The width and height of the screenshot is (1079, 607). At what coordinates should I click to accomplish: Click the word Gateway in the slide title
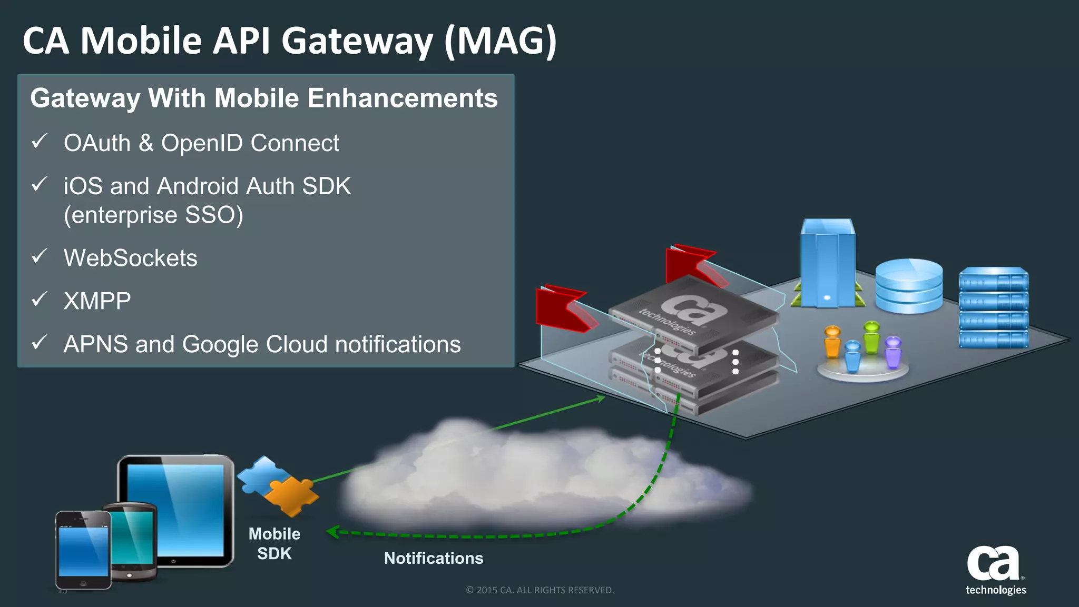pos(357,41)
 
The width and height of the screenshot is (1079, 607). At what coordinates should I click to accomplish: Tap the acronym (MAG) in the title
pos(501,41)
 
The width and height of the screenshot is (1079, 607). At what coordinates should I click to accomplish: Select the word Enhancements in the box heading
pos(402,98)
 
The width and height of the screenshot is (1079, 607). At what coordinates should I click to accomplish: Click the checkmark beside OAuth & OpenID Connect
pos(40,141)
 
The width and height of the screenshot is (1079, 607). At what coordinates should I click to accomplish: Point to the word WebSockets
pos(130,258)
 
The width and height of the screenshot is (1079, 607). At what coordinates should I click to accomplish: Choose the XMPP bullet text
pos(97,301)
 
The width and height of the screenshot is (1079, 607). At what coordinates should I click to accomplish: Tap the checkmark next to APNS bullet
pos(40,342)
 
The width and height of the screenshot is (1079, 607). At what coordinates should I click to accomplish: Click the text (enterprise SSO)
pos(153,215)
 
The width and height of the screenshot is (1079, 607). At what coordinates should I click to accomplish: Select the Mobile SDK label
pos(274,543)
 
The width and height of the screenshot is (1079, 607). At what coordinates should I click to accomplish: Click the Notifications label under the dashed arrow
pos(434,558)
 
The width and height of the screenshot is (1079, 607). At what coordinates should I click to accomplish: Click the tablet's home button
pos(174,562)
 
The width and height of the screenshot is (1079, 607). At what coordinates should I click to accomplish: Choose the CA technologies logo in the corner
pos(995,571)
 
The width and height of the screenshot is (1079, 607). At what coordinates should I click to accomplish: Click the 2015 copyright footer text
pos(539,590)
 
